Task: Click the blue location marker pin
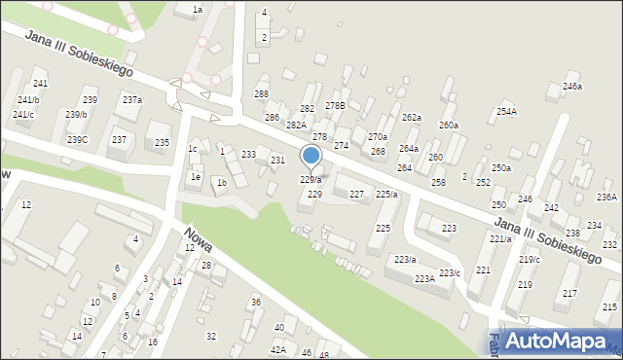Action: pyautogui.click(x=311, y=156)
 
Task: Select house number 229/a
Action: pyautogui.click(x=311, y=180)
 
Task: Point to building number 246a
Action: pyautogui.click(x=571, y=87)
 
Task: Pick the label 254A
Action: pyautogui.click(x=506, y=112)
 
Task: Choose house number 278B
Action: pyautogui.click(x=335, y=105)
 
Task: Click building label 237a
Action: pyautogui.click(x=132, y=100)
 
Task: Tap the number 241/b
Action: pyautogui.click(x=28, y=100)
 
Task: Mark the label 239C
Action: pyautogui.click(x=77, y=140)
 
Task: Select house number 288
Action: pyautogui.click(x=261, y=93)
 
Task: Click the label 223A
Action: pyautogui.click(x=424, y=279)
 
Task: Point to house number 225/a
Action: pyautogui.click(x=386, y=195)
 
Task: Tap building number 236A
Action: pyautogui.click(x=606, y=197)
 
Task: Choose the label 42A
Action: pyautogui.click(x=278, y=349)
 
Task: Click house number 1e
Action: pyautogui.click(x=196, y=177)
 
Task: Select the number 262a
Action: pyautogui.click(x=412, y=118)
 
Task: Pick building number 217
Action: pyautogui.click(x=569, y=293)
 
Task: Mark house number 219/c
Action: pyautogui.click(x=530, y=259)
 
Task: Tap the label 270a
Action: pyautogui.click(x=377, y=137)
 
